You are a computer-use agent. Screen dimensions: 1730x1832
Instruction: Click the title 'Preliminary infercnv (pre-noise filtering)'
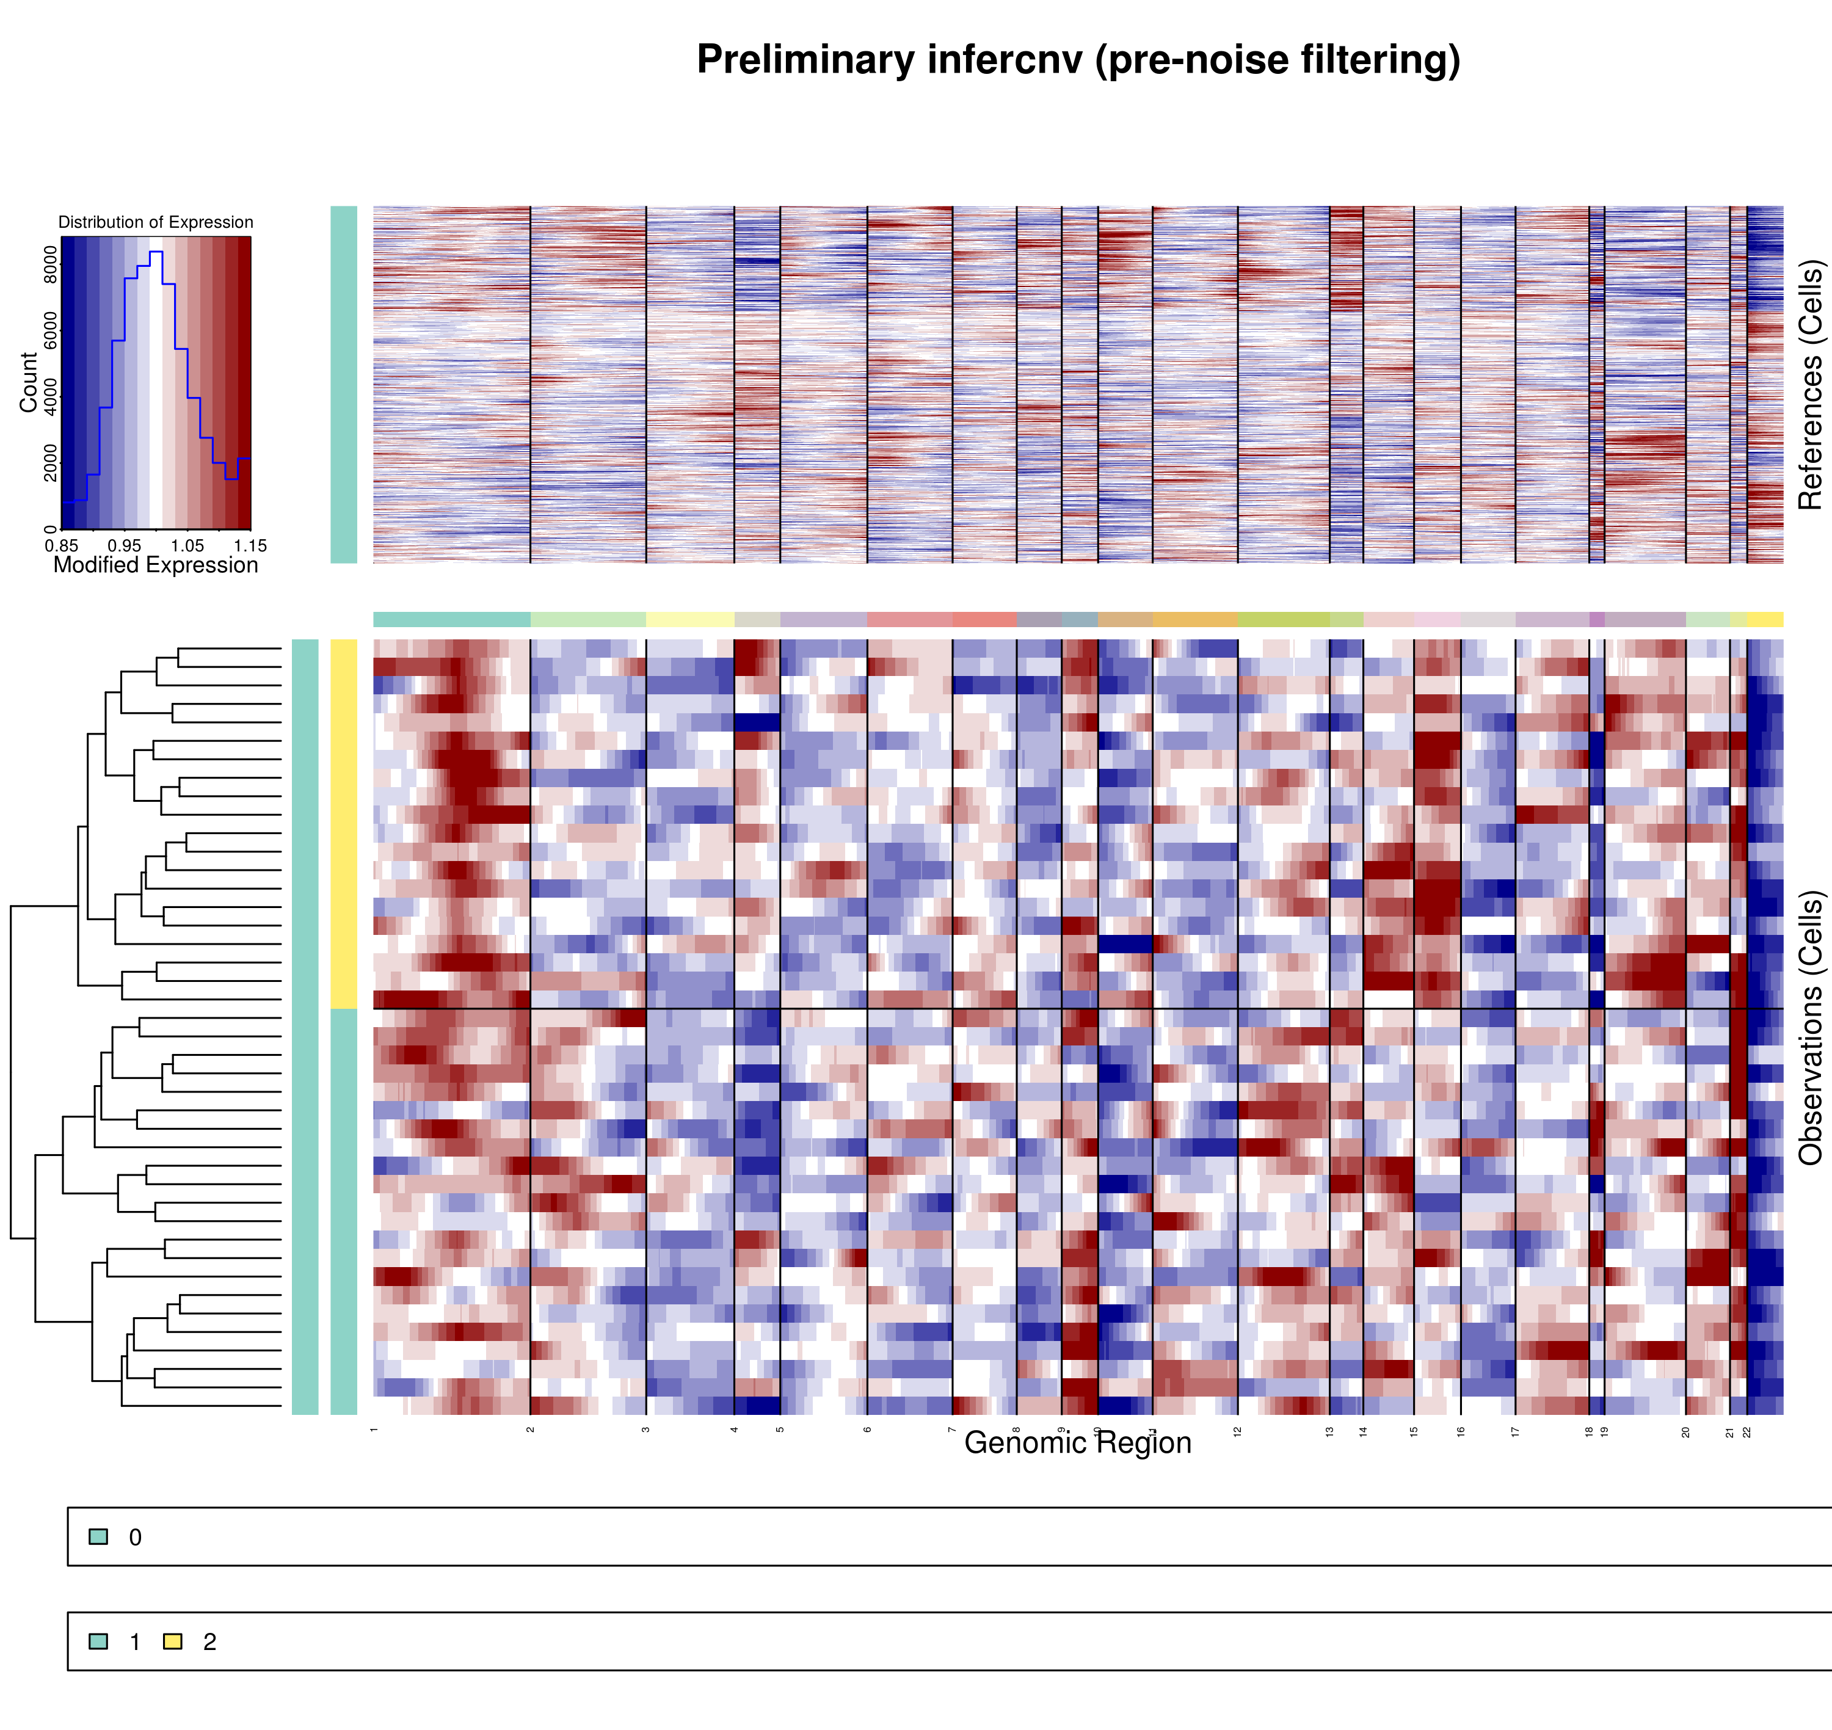point(1078,60)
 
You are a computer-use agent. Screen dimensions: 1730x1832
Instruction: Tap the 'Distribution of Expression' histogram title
point(155,222)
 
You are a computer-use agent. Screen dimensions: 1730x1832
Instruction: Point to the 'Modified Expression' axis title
point(155,565)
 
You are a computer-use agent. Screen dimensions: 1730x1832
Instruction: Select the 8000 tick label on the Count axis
point(50,264)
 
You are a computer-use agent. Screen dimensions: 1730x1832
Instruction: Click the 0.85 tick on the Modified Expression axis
point(62,546)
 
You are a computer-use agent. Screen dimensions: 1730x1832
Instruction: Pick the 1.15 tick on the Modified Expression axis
point(250,546)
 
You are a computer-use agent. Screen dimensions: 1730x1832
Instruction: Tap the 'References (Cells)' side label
point(1811,385)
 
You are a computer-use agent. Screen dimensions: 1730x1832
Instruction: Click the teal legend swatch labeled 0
point(98,1536)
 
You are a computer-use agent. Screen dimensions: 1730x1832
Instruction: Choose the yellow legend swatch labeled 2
point(172,1641)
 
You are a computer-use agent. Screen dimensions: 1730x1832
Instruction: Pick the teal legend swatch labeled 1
point(98,1641)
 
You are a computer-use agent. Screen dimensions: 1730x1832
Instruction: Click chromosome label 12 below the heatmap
point(1237,1431)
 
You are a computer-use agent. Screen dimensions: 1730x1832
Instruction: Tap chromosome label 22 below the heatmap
point(1747,1431)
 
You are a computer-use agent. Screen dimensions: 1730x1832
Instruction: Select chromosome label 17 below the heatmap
point(1515,1431)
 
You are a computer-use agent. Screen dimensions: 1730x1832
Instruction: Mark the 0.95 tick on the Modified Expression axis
point(125,546)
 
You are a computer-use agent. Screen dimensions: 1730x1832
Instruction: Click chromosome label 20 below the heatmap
point(1685,1431)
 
